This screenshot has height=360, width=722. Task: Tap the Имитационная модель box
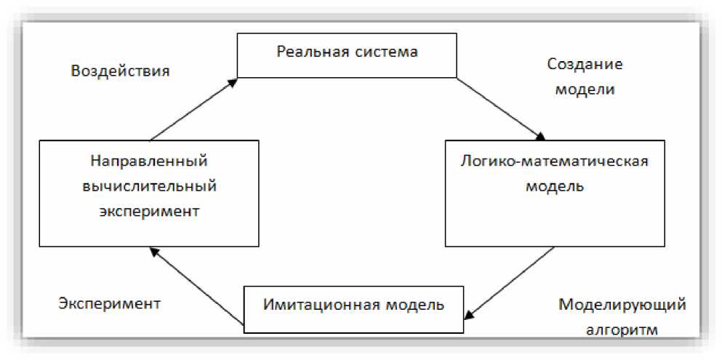pyautogui.click(x=353, y=308)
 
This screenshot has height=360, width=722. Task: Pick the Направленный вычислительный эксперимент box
pyautogui.click(x=149, y=192)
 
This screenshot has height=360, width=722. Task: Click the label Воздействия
pyautogui.click(x=120, y=71)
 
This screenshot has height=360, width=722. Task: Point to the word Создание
pyautogui.click(x=585, y=64)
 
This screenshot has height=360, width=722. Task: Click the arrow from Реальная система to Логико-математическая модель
pyautogui.click(x=500, y=108)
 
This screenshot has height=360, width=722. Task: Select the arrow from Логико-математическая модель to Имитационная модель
pyautogui.click(x=510, y=282)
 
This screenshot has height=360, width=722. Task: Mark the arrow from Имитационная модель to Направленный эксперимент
pyautogui.click(x=194, y=286)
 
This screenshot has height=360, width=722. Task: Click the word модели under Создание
pyautogui.click(x=585, y=90)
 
